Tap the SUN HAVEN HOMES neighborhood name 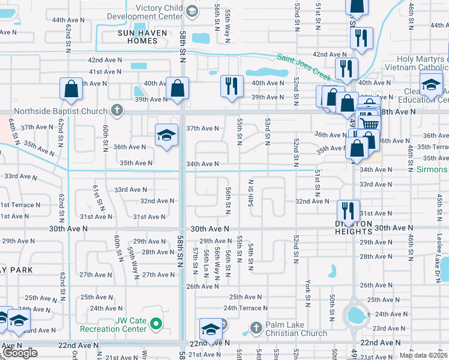pos(137,37)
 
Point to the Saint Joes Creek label pos(304,68)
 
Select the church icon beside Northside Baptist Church pos(117,110)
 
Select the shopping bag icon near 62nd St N pos(71,89)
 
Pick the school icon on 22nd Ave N pos(211,329)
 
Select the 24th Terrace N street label pos(246,308)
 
